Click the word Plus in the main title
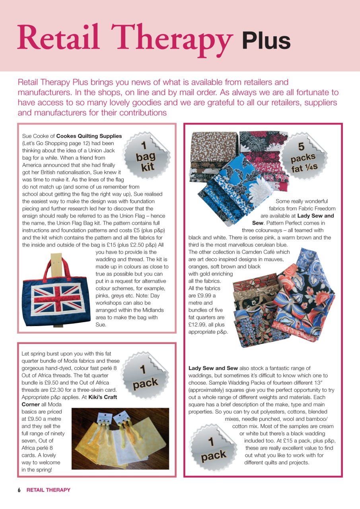266,41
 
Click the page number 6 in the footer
19,490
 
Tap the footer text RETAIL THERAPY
48,490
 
